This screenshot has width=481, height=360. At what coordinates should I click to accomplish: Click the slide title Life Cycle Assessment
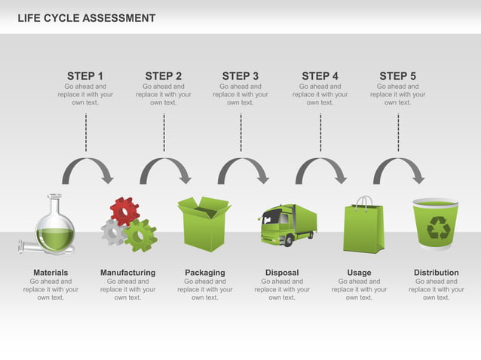pyautogui.click(x=87, y=18)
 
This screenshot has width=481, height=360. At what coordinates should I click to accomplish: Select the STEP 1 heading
pyautogui.click(x=85, y=76)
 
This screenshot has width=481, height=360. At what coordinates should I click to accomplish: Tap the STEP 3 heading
pyautogui.click(x=240, y=76)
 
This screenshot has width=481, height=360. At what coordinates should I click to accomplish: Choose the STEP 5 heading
pyautogui.click(x=397, y=76)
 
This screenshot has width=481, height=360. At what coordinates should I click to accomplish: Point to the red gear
pyautogui.click(x=124, y=211)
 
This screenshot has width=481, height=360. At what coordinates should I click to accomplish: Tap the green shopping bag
pyautogui.click(x=363, y=226)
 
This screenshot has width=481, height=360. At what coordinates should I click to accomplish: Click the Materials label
pyautogui.click(x=51, y=273)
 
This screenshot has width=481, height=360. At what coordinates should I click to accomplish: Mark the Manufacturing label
pyautogui.click(x=127, y=273)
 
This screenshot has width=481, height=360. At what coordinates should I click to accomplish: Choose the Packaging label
pyautogui.click(x=204, y=273)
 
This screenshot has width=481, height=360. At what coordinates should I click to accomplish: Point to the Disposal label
pyautogui.click(x=282, y=273)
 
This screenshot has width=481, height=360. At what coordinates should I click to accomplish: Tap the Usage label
pyautogui.click(x=359, y=273)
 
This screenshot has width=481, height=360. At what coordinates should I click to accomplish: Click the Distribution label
pyautogui.click(x=436, y=273)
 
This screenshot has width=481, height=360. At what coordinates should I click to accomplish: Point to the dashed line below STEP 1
pyautogui.click(x=86, y=132)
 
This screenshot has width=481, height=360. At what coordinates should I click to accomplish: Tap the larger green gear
pyautogui.click(x=140, y=236)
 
